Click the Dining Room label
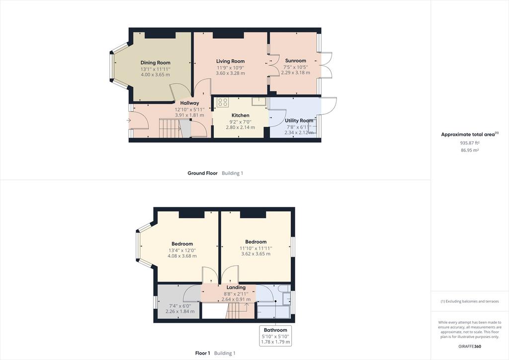coord(155,63)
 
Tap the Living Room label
coord(231,61)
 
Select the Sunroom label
coord(295,61)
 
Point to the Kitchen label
coord(240,115)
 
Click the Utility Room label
coord(299,120)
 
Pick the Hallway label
coord(189,103)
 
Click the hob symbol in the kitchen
coord(223,102)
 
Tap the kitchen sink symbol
coord(259,101)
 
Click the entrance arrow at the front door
coord(129,120)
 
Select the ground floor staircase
coord(170,128)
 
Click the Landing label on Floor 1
coord(236,287)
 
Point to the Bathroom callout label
coord(275,330)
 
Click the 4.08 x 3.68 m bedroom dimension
coord(182,256)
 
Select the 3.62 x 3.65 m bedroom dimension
coord(256,254)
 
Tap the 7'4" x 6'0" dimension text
coord(180,306)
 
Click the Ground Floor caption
coord(203,173)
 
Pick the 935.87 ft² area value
coord(470,143)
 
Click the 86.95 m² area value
coord(470,150)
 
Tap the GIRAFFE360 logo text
coord(470,347)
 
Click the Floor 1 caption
coord(203,353)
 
